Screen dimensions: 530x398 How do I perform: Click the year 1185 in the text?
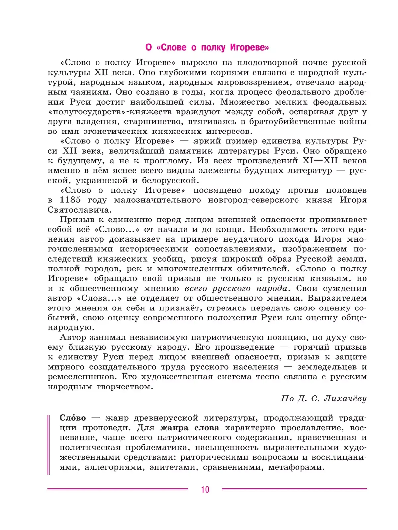[70, 200]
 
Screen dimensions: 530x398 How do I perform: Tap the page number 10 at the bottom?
[205, 489]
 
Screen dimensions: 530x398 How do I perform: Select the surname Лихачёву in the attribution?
[345, 398]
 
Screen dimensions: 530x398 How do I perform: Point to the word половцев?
[346, 190]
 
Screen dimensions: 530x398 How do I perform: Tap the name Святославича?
[79, 210]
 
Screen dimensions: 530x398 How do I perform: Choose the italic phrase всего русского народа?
[236, 288]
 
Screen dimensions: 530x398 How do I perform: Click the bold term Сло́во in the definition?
[73, 418]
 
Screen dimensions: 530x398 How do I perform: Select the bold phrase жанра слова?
[189, 428]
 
